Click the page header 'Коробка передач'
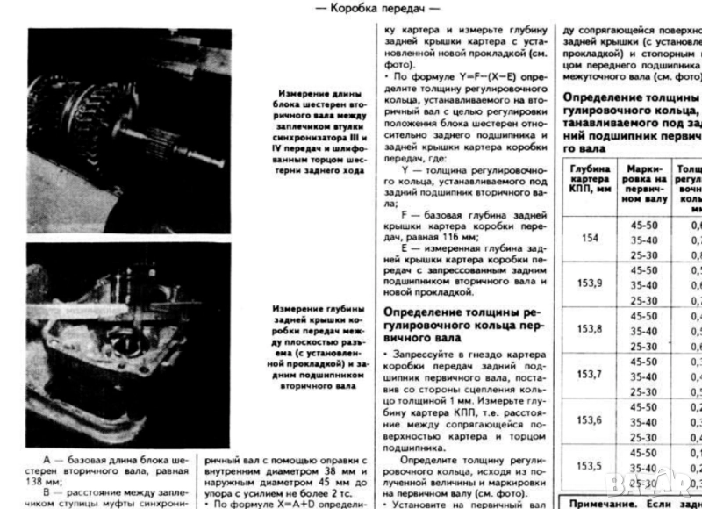tap(383, 8)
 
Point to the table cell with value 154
tap(589, 237)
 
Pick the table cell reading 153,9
tap(589, 283)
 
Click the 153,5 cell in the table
tap(589, 466)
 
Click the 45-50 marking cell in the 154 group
tap(644, 223)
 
